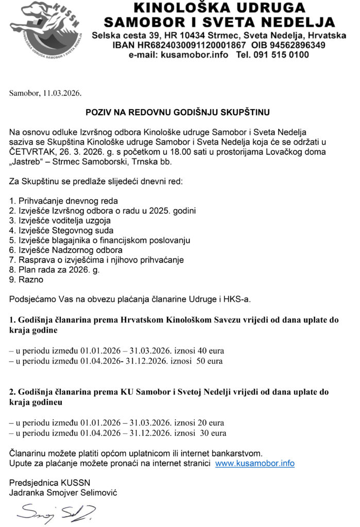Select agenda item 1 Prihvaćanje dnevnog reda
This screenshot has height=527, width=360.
64,201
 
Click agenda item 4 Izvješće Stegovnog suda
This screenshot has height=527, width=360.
62,231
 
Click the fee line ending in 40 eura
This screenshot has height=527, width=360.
116,351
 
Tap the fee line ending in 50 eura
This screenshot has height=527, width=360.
116,361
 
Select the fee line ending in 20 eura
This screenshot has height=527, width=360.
116,423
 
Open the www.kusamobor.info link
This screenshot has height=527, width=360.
254,463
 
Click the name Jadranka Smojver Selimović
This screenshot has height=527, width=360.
63,493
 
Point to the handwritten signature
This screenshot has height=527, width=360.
56,513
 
